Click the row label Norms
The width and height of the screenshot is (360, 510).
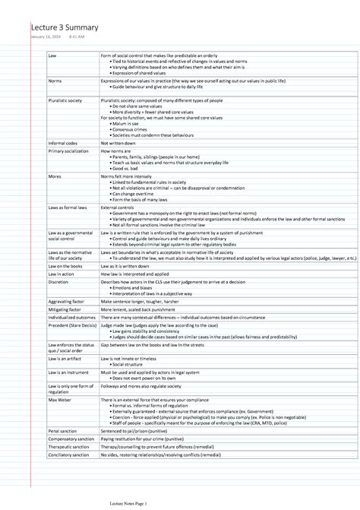coord(55,80)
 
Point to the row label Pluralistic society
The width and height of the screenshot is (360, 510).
coord(65,100)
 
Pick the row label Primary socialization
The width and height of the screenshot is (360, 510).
coord(68,151)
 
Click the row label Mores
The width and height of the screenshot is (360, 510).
coord(55,176)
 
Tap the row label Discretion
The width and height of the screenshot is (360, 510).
coord(58,281)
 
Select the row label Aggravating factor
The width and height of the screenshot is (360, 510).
coord(66,302)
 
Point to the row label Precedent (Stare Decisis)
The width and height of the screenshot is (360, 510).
coord(71,326)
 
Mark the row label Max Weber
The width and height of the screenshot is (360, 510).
coord(58,400)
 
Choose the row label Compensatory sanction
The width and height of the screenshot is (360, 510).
coord(71,439)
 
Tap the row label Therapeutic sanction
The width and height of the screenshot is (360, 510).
coord(68,448)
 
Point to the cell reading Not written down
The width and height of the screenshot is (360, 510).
coord(118,143)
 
